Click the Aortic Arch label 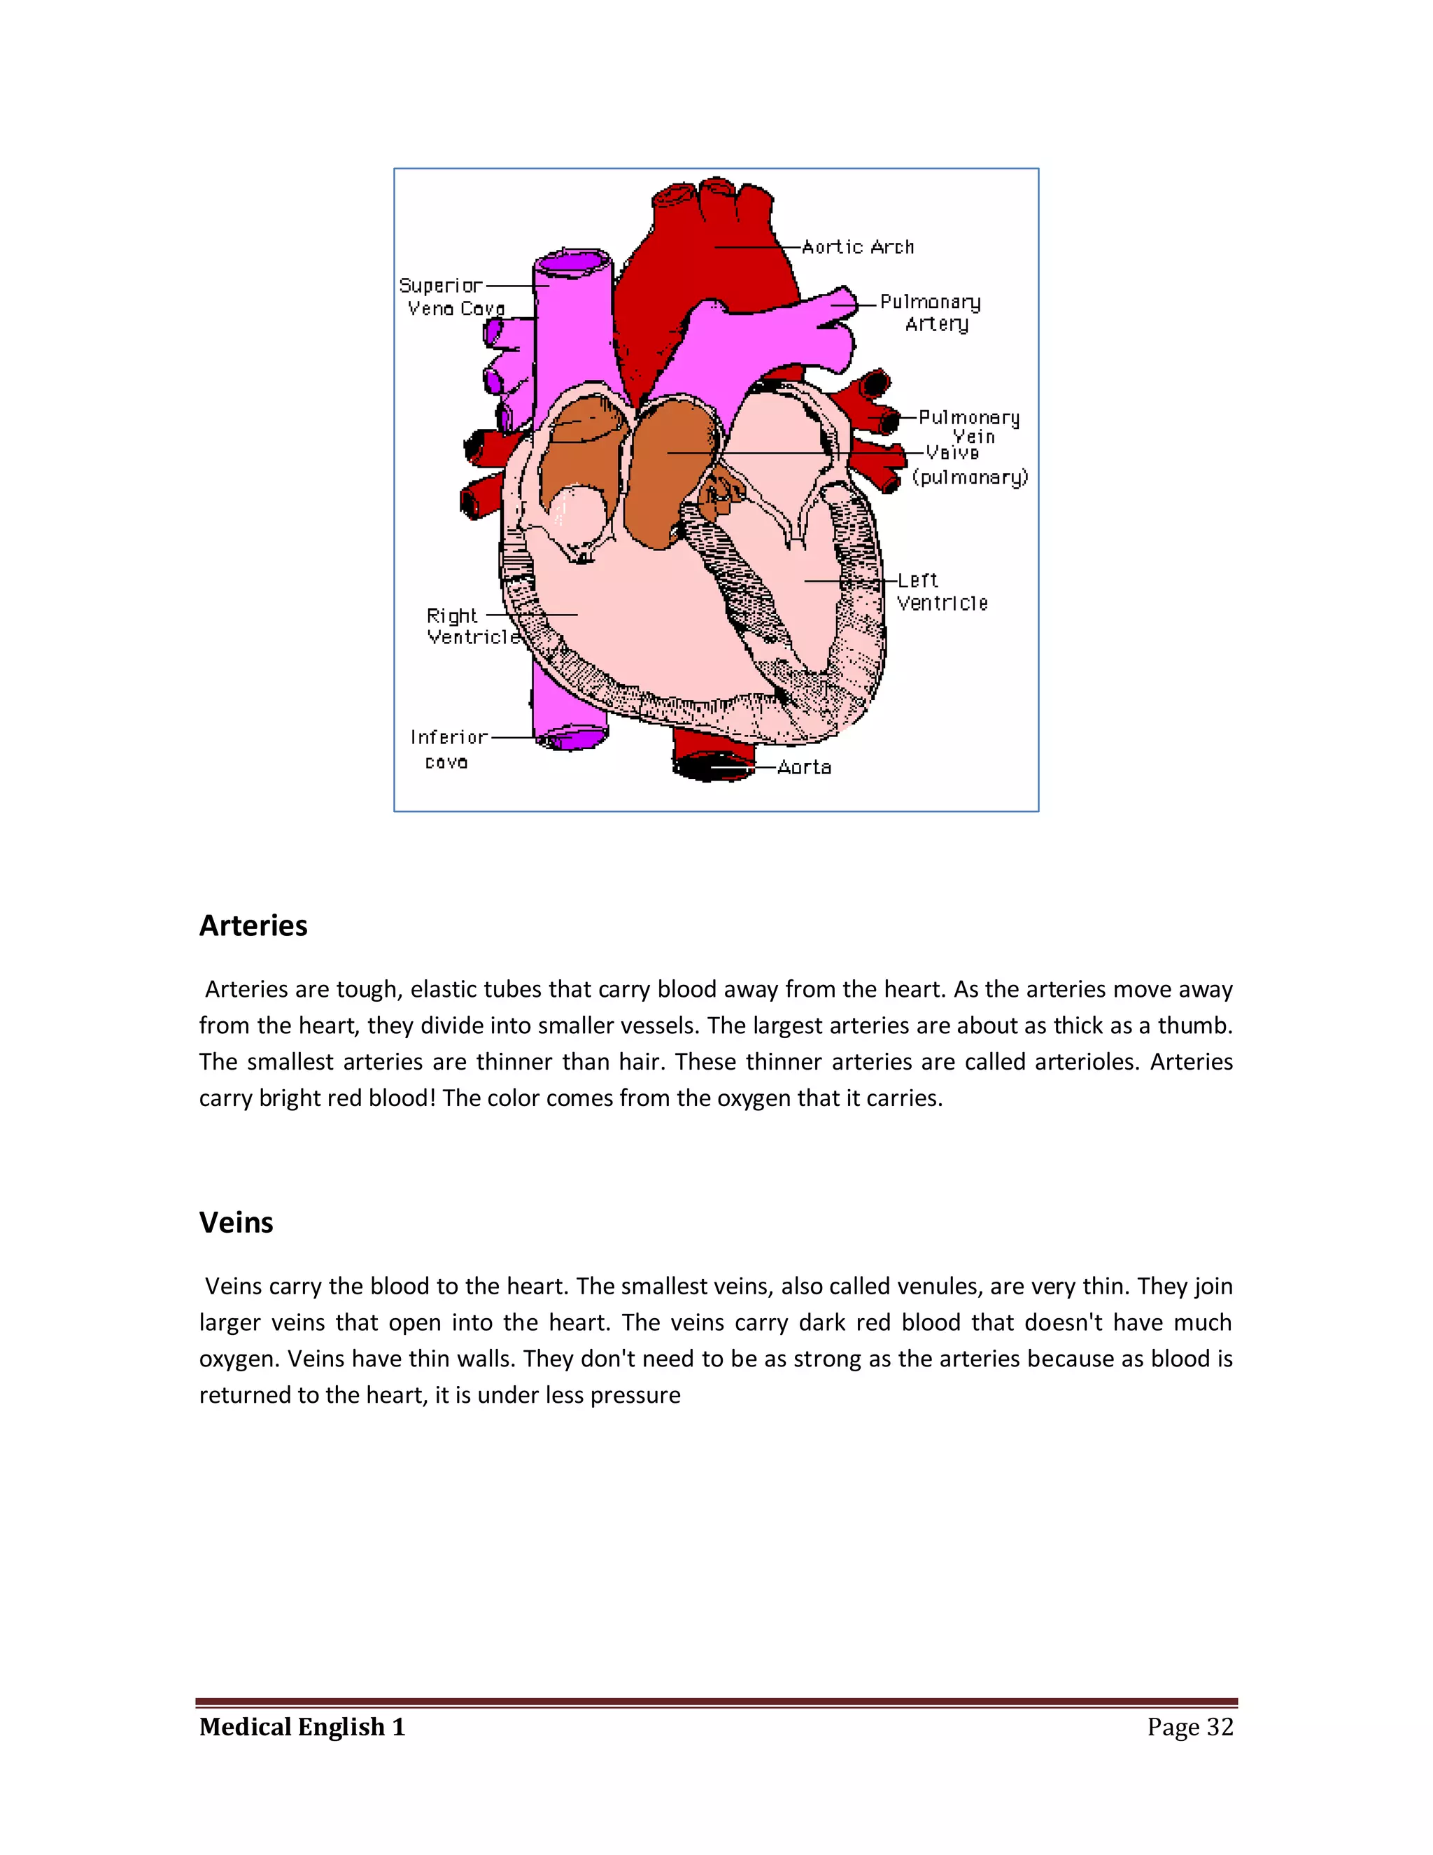coord(857,247)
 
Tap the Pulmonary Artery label coord(931,313)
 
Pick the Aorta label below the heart coord(804,768)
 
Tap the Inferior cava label coord(449,749)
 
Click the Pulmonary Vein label coord(968,426)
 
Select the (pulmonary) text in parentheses coord(970,478)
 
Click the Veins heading coord(236,1223)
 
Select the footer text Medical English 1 coord(302,1727)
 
